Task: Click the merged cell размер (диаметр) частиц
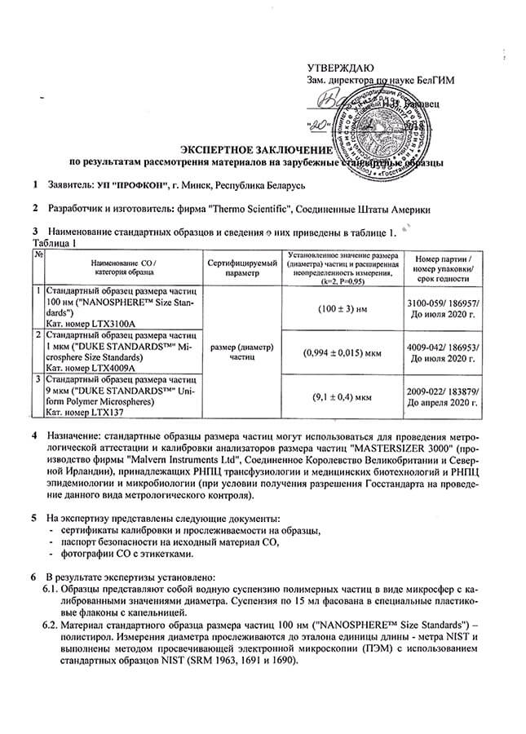[242, 352]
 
